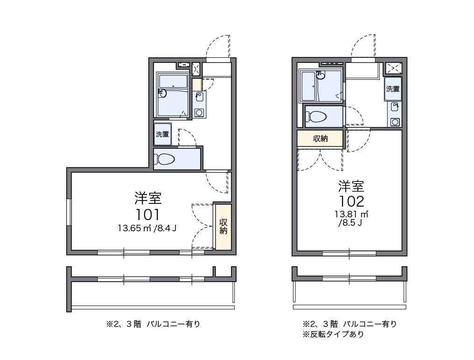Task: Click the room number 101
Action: tap(148, 214)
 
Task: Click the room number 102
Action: tap(351, 201)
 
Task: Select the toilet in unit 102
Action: tap(321, 116)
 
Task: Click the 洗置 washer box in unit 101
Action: tap(162, 134)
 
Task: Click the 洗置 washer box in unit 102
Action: tap(393, 89)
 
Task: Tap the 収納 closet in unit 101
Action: tap(223, 226)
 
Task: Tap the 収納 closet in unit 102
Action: tap(320, 138)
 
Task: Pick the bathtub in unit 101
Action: tap(172, 95)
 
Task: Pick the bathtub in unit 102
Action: tap(308, 86)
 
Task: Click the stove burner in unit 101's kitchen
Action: tap(200, 112)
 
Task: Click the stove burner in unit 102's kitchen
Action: tap(395, 122)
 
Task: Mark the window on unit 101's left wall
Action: tap(69, 212)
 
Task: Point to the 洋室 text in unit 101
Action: tap(148, 198)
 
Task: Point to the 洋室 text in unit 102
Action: tap(351, 187)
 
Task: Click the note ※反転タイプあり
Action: tap(333, 334)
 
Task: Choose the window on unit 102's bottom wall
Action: tap(349, 253)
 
